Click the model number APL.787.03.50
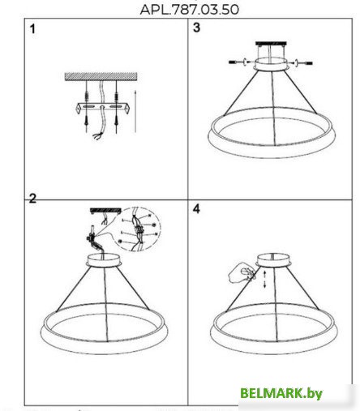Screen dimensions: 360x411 (x=190, y=10)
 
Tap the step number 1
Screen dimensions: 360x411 (x=32, y=29)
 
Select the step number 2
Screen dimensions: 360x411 (x=32, y=199)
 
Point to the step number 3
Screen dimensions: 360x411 (x=196, y=28)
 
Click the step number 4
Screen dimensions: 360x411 (x=196, y=209)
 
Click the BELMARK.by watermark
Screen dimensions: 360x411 (x=281, y=393)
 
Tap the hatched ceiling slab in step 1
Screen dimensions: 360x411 (x=101, y=76)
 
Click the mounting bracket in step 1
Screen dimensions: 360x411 (x=102, y=108)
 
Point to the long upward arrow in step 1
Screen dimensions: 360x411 (x=135, y=111)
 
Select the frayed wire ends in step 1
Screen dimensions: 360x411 (x=97, y=136)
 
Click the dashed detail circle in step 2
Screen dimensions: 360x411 (x=138, y=229)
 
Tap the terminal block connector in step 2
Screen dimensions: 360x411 (x=91, y=238)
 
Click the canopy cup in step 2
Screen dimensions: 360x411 (x=104, y=260)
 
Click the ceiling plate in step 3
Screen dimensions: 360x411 (x=271, y=43)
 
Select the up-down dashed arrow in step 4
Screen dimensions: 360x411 (x=265, y=280)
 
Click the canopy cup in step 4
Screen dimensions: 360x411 (x=273, y=260)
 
